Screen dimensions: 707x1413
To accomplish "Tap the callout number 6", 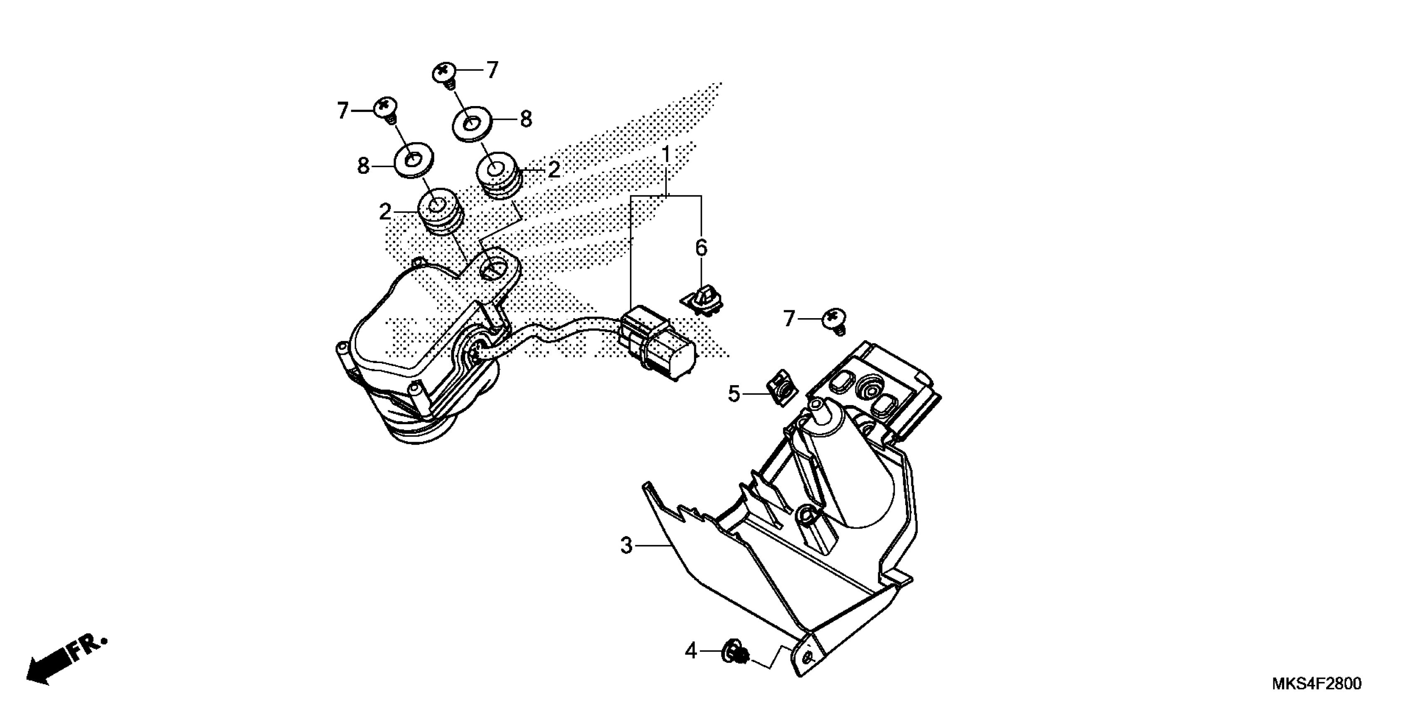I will [702, 248].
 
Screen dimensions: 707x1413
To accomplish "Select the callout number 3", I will [626, 546].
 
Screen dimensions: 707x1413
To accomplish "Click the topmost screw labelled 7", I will [446, 74].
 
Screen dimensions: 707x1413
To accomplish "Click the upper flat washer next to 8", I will [470, 124].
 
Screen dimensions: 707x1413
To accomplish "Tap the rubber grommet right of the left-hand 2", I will [439, 212].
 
